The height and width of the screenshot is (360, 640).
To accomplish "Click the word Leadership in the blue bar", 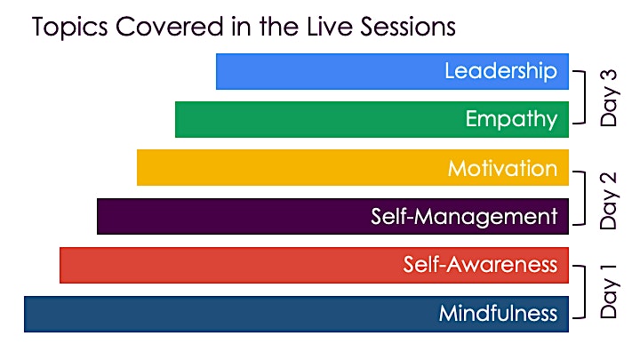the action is pos(500,70).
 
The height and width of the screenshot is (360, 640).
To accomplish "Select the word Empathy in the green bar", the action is pos(511,120).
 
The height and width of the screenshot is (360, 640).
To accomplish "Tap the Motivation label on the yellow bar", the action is pos(502,168).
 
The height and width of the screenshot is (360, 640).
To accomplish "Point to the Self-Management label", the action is pos(464,216).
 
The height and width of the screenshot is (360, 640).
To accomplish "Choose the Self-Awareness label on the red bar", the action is pos(480,265).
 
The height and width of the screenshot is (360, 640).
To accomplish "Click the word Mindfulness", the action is pos(498,313).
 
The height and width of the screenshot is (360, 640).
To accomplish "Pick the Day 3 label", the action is pos(609,98).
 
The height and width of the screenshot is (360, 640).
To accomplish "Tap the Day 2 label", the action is pos(609,200).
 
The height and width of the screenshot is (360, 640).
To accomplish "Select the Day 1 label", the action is pos(609,292).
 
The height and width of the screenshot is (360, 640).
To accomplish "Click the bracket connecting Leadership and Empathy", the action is pos(585,97).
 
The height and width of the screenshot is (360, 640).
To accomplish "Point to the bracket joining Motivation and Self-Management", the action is pos(585,198).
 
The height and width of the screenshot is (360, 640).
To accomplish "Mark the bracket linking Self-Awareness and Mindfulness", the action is pos(585,292).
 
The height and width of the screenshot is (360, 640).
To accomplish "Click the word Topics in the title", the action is pos(70,28).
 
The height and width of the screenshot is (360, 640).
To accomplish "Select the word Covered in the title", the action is pos(170,27).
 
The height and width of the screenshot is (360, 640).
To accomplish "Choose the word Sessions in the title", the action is pos(408,27).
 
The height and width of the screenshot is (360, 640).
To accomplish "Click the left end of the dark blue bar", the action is pos(25,314).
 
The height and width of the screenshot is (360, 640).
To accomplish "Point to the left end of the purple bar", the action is pos(98,216).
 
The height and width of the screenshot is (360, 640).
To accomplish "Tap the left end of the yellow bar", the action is pos(137,167).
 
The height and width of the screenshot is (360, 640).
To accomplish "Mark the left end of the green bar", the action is pos(175,119).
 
